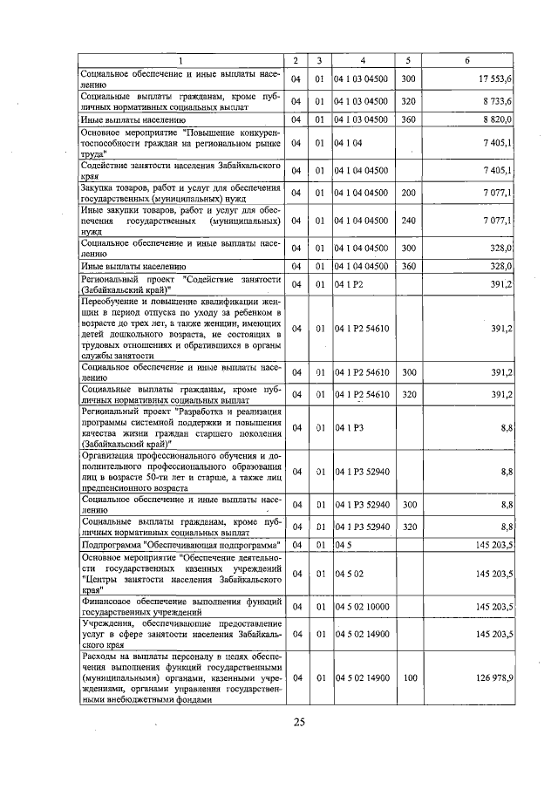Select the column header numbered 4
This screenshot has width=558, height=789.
point(362,60)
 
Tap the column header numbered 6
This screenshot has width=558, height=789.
point(468,60)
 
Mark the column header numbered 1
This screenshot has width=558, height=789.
point(181,60)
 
